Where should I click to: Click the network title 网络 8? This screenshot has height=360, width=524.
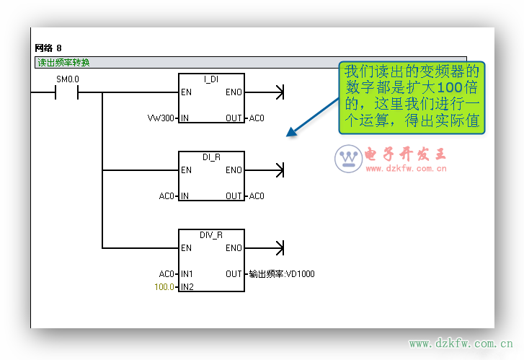click(x=48, y=48)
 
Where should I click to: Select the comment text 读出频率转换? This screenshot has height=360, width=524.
click(x=63, y=63)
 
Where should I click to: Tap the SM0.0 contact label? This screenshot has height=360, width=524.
click(x=67, y=79)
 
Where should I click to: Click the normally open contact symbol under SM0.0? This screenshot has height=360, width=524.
click(x=66, y=92)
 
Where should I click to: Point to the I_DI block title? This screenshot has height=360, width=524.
click(x=211, y=79)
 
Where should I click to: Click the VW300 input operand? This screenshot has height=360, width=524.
click(x=161, y=118)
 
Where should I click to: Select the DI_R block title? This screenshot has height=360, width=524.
click(x=211, y=157)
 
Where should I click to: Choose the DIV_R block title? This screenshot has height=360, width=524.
click(x=211, y=234)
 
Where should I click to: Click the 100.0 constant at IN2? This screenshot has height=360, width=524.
click(x=164, y=287)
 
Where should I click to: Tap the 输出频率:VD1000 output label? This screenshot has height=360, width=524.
click(x=282, y=274)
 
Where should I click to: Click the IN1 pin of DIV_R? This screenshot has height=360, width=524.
click(x=187, y=274)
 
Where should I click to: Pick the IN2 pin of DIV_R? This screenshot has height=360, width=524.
click(x=187, y=287)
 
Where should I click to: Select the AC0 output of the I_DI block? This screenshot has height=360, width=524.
click(x=257, y=118)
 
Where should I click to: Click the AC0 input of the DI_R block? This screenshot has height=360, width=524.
click(x=167, y=196)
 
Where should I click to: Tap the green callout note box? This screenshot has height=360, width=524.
click(x=412, y=97)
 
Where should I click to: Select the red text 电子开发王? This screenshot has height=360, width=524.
click(x=407, y=154)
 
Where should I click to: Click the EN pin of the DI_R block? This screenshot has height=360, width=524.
click(x=186, y=170)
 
